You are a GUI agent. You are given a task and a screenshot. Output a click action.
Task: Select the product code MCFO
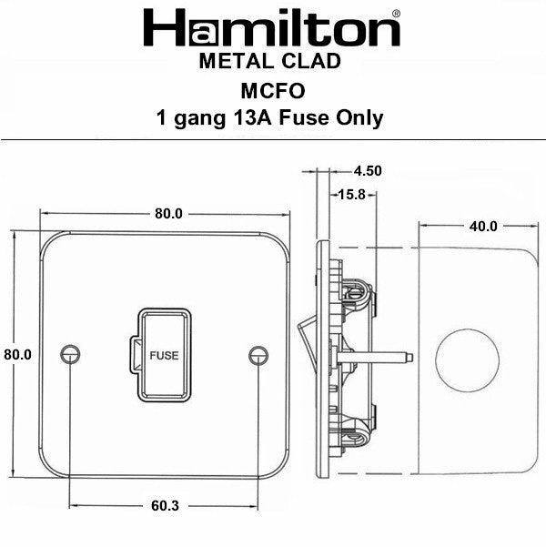click(x=269, y=89)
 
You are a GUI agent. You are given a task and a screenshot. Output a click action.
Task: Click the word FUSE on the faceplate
click(x=164, y=355)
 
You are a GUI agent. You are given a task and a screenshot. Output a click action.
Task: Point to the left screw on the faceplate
click(x=69, y=354)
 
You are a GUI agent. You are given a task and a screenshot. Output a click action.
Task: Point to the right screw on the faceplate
click(x=258, y=354)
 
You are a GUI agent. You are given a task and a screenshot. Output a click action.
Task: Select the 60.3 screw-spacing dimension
click(x=166, y=501)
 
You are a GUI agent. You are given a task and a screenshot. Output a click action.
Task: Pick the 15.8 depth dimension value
click(x=350, y=194)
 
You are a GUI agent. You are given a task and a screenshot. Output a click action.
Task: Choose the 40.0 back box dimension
click(x=482, y=227)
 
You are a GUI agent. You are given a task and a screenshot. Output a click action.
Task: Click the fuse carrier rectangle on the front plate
click(x=164, y=355)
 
